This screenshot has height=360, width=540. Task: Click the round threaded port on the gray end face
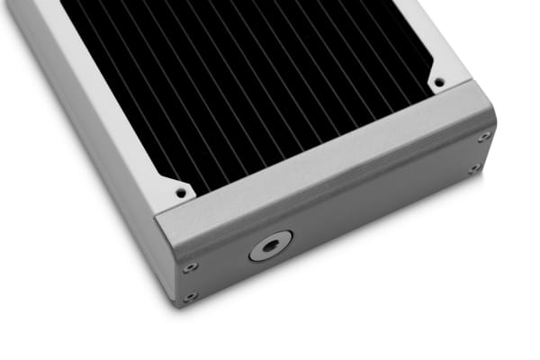271,245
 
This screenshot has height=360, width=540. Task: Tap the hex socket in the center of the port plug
271,245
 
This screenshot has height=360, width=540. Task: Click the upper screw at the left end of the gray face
189,267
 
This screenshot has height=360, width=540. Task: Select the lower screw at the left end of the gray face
190,296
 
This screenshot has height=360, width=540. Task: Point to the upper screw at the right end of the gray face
484,137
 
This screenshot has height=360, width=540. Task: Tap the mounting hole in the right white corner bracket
439,83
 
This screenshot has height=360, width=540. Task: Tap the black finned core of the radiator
252,81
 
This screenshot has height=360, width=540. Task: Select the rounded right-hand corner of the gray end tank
490,117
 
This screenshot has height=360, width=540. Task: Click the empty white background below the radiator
360,315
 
